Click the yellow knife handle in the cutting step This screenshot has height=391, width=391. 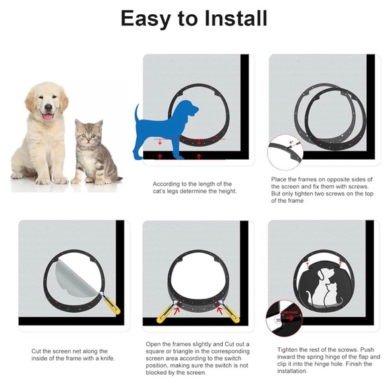pos(113,307)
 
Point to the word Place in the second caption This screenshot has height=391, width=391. pos(279,179)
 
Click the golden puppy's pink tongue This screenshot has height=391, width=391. pos(48,117)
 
